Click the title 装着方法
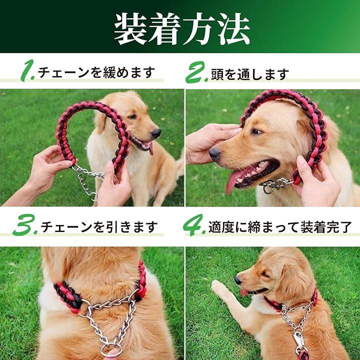[182, 29]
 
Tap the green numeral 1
[27, 70]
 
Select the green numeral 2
[196, 72]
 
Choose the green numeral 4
[194, 225]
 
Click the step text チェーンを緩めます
[96, 72]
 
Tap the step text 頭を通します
[250, 74]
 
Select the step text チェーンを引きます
[99, 227]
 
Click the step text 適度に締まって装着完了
[280, 227]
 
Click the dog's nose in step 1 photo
[156, 133]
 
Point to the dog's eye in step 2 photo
[256, 131]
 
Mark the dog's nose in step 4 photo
[238, 279]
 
